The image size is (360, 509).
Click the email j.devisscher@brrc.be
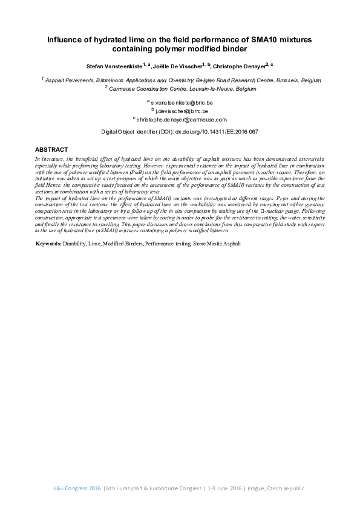click(182, 112)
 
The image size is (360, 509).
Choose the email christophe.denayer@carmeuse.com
click(181, 120)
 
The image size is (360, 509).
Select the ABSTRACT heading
click(51, 149)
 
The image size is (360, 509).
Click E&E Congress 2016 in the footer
click(76, 488)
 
